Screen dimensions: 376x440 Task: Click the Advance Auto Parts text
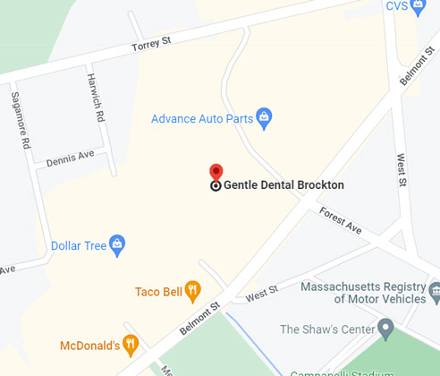[x=201, y=118]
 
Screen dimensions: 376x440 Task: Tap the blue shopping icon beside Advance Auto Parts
[x=264, y=116]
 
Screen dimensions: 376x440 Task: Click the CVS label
[x=397, y=6]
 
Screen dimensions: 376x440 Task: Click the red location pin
[x=216, y=172]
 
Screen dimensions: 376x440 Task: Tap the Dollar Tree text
[x=79, y=244]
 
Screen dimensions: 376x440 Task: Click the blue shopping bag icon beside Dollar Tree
[x=117, y=244]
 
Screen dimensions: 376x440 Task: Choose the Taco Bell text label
[x=158, y=291]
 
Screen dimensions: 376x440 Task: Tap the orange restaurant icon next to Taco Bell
[x=192, y=290]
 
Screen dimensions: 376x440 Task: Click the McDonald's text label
[x=89, y=344]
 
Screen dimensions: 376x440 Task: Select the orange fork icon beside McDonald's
[x=131, y=343]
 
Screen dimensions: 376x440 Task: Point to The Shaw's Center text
[x=327, y=329]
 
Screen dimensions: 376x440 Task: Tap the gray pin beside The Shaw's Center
[x=386, y=329]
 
